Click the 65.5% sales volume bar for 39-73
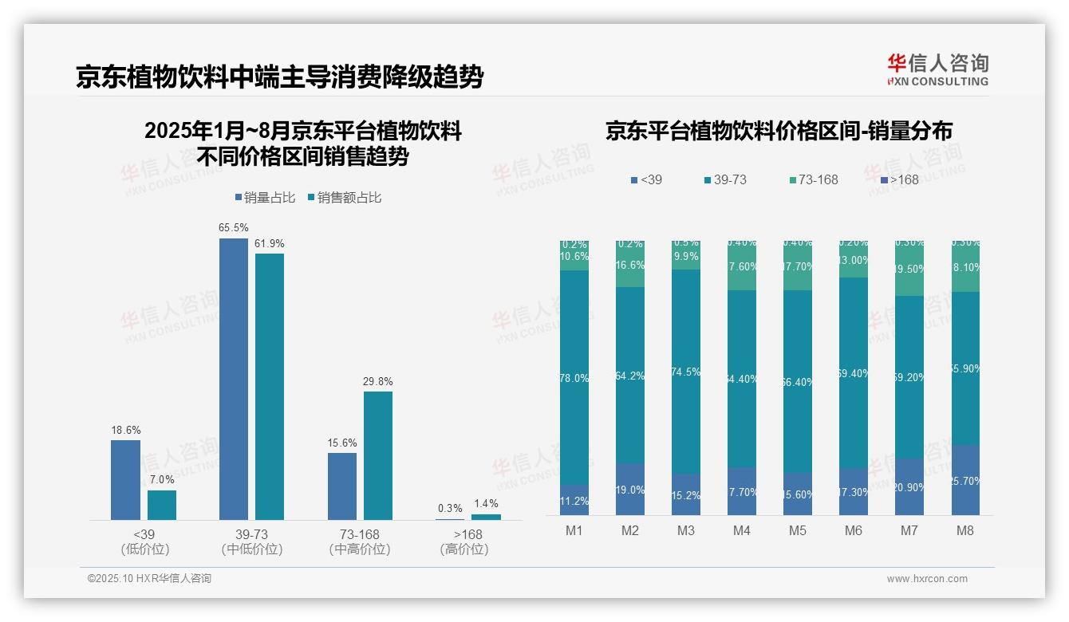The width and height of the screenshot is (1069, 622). (x=233, y=379)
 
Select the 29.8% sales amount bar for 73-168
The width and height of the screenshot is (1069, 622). (x=378, y=455)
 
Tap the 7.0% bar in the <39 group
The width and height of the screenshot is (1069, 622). (x=162, y=505)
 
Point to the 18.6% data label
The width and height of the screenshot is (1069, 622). (x=125, y=430)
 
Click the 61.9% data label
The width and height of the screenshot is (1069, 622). (x=270, y=243)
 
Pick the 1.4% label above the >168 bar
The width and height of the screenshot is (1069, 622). (x=486, y=504)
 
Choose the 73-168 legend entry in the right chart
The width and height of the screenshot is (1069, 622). (x=813, y=179)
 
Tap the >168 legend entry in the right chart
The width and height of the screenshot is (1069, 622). (x=899, y=179)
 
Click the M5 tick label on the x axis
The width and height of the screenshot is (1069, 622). (x=797, y=530)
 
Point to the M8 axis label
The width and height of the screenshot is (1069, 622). (x=964, y=530)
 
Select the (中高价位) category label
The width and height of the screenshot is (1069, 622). (x=360, y=549)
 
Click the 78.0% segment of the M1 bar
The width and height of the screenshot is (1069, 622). (x=574, y=378)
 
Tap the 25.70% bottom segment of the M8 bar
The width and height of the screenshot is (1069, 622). (x=965, y=480)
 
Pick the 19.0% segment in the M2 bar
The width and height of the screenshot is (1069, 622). (x=630, y=490)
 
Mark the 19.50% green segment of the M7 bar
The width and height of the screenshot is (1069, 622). (x=909, y=270)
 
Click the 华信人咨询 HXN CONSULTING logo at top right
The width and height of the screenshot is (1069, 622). (x=937, y=69)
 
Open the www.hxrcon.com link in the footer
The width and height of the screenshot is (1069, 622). (x=927, y=579)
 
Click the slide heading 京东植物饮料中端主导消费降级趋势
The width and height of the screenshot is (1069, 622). (x=279, y=77)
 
